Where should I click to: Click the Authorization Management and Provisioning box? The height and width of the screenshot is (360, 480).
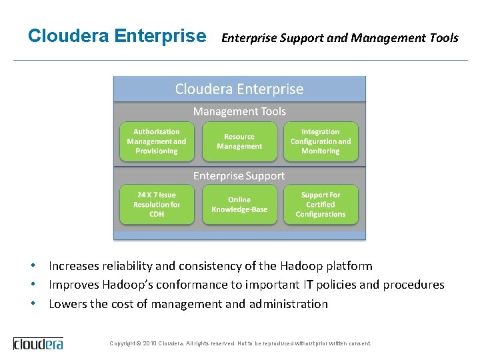[157, 141]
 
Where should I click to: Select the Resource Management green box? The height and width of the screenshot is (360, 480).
[239, 141]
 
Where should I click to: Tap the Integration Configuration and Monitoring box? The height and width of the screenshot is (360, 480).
[321, 141]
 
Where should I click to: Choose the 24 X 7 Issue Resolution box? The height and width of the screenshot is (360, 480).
[157, 205]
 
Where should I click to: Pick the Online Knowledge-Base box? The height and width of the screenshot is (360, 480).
[239, 205]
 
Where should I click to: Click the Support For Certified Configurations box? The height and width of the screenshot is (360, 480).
[321, 205]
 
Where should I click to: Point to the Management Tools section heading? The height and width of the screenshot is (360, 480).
[239, 111]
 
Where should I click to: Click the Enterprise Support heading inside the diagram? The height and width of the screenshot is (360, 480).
[239, 176]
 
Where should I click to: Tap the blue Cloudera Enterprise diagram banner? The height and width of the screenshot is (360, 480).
[239, 89]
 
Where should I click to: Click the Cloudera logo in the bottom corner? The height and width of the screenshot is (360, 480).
[39, 343]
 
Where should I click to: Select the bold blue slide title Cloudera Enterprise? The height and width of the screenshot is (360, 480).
[117, 35]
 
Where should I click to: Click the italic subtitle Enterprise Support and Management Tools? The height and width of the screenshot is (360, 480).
[339, 38]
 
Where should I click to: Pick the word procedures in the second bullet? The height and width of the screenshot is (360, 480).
[414, 285]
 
